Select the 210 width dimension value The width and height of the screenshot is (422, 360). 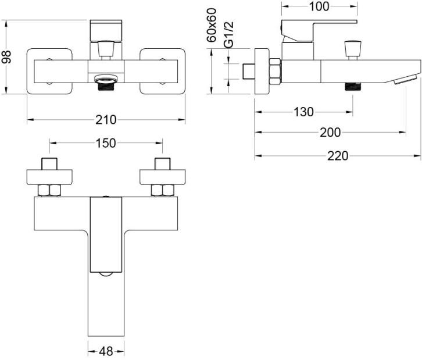click(x=105, y=120)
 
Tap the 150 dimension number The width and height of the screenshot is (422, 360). click(x=105, y=142)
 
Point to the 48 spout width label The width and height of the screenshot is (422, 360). click(x=105, y=351)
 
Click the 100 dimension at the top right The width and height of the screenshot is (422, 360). click(x=319, y=6)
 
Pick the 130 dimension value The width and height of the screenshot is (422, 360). click(x=303, y=112)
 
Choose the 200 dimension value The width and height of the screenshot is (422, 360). click(x=330, y=133)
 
